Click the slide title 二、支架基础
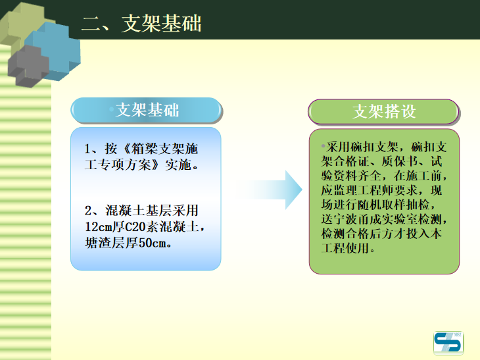(x=141, y=23)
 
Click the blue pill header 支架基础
(x=146, y=110)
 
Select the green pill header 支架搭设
(x=384, y=111)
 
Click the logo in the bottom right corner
(x=448, y=343)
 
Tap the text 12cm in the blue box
(x=99, y=228)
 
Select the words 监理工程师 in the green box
(x=368, y=190)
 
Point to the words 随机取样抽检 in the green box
(x=379, y=205)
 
